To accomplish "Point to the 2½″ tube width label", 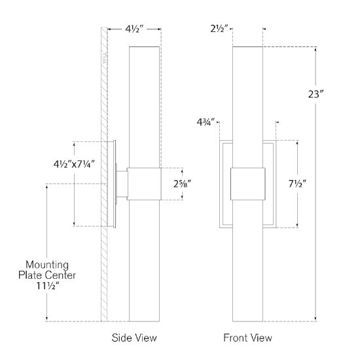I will (x=219, y=29).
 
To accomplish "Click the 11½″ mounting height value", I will (x=53, y=287).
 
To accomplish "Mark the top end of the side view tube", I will (x=144, y=48).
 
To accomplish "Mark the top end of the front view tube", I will (x=249, y=48).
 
